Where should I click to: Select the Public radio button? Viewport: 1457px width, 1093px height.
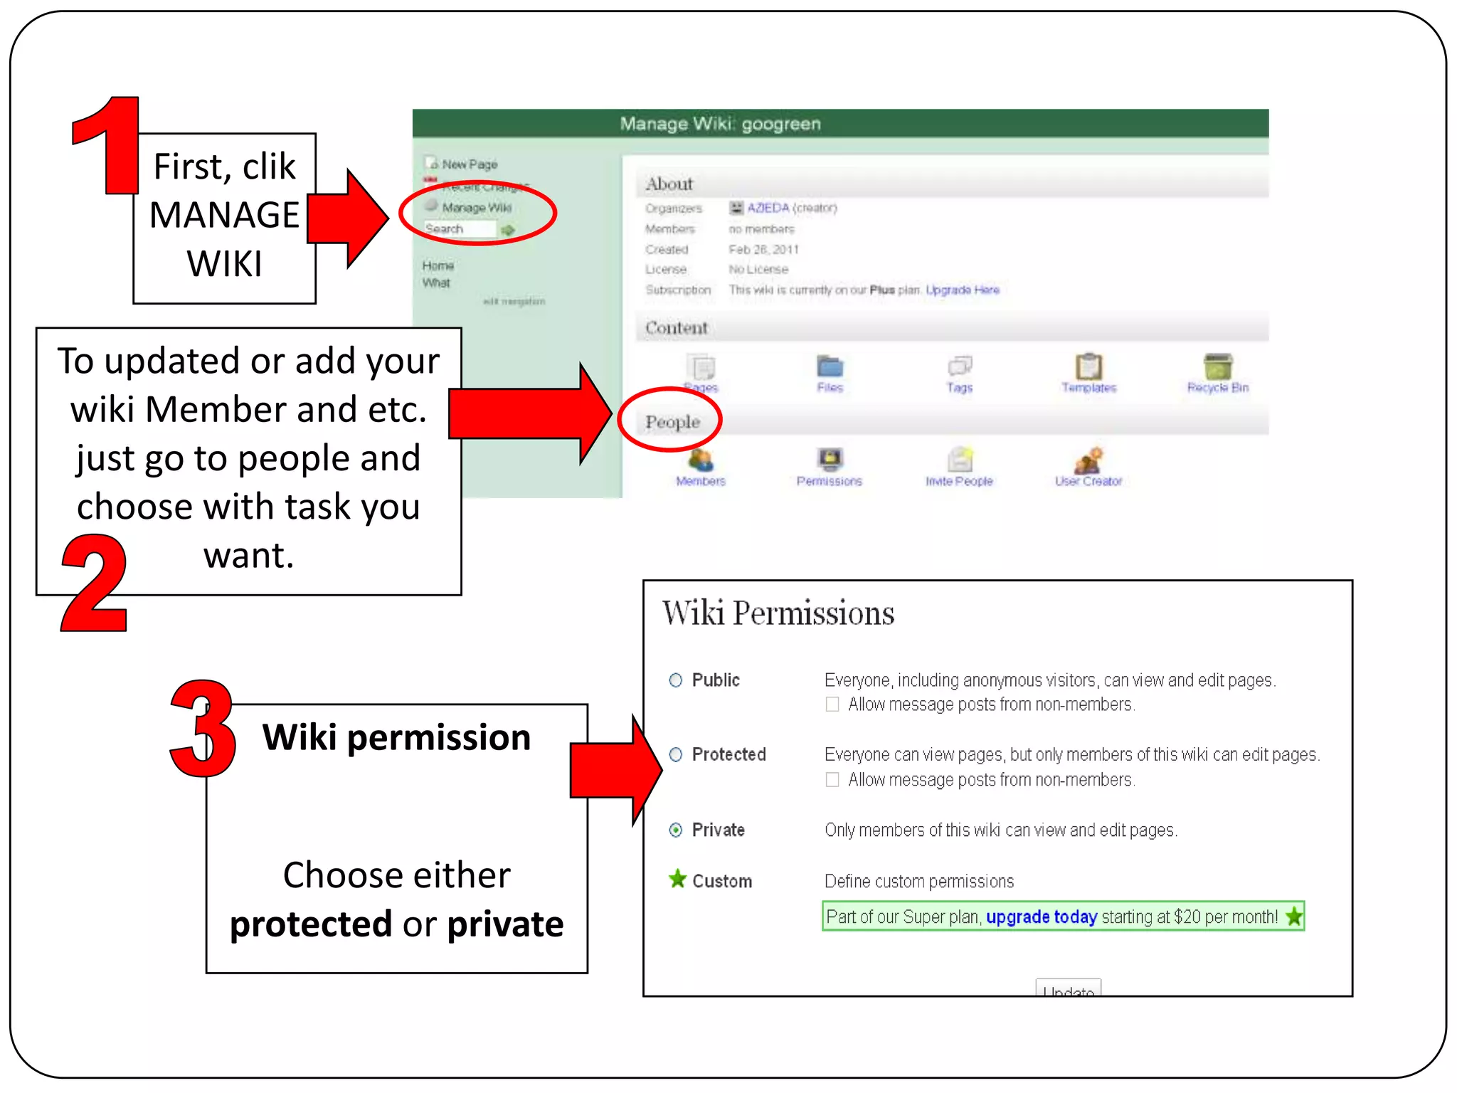coord(676,680)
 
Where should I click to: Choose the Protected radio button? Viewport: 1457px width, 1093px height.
coord(676,754)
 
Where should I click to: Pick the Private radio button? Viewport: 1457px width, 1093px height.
coord(676,830)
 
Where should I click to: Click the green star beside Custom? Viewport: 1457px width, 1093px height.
coord(677,880)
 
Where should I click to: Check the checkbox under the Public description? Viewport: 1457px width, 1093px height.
coord(832,704)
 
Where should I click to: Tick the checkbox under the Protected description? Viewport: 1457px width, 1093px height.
coord(832,780)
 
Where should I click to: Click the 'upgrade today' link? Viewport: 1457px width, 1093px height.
coord(1041,917)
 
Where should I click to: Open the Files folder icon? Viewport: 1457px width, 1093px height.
coord(830,367)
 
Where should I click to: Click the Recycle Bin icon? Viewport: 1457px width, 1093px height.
coord(1217,367)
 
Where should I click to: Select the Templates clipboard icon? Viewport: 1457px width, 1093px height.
coord(1088,367)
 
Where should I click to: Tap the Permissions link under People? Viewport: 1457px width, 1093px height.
coord(829,481)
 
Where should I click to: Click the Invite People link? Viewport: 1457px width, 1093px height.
coord(959,481)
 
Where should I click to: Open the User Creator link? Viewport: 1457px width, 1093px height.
coord(1088,481)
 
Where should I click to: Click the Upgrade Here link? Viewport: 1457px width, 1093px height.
coord(963,290)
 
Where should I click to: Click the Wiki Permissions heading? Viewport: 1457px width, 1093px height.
coord(778,613)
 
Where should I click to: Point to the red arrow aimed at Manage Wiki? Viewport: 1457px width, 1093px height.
coord(349,218)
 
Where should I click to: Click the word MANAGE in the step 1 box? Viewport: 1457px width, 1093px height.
coord(225,215)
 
